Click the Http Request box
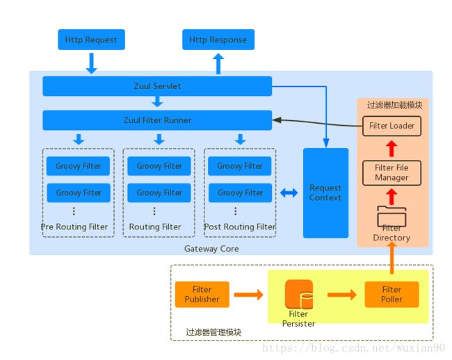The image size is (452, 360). point(91,40)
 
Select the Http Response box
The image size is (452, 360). point(218,40)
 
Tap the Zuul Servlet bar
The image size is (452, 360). point(157,85)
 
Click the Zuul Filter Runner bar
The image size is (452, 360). point(157,120)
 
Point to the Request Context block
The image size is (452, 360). point(325,193)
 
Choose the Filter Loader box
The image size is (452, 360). point(392,126)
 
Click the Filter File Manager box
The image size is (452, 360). point(392,173)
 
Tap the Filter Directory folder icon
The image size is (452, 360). point(392,216)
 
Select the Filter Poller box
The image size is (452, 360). point(392,295)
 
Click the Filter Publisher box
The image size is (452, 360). point(202,295)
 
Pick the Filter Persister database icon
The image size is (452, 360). point(299,294)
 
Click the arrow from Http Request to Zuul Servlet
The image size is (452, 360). point(91,63)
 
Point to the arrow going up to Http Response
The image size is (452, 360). point(218,64)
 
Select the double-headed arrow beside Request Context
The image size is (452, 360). point(289,193)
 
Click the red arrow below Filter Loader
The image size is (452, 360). point(392,149)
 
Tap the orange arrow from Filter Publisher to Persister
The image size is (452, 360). point(249,295)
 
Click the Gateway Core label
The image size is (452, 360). point(211,249)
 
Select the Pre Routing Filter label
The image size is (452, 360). point(74,227)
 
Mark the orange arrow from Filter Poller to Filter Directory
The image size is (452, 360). point(392,258)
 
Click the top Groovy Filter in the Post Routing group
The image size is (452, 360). point(240,166)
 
